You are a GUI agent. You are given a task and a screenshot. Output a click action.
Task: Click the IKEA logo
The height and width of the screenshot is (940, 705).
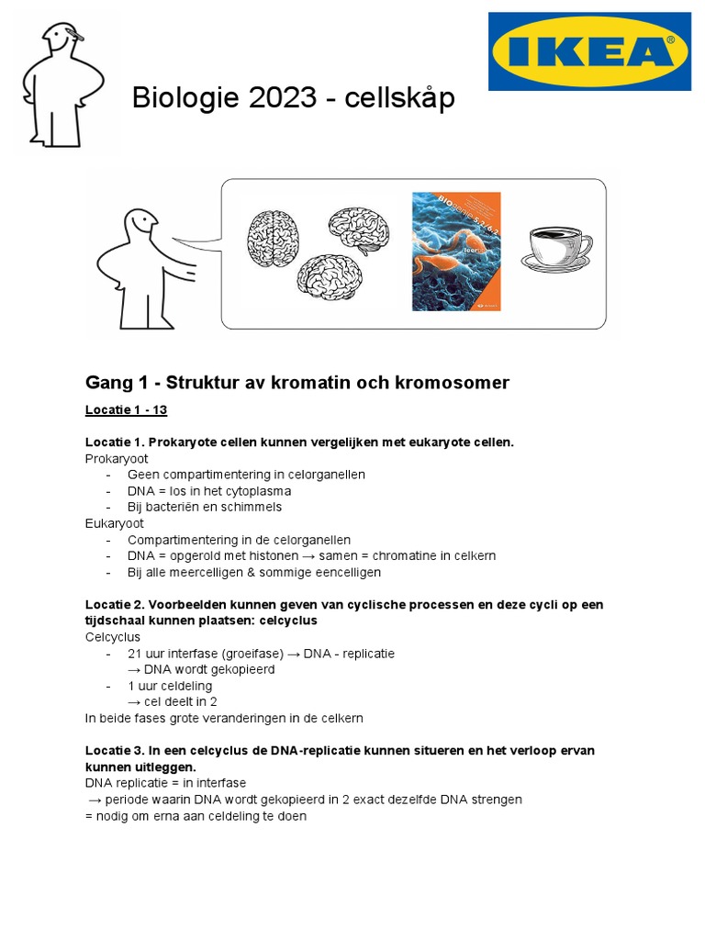(x=589, y=51)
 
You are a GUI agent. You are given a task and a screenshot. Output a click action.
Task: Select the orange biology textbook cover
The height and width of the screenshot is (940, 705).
(x=456, y=251)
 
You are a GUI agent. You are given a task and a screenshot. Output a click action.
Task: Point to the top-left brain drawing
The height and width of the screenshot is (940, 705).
(x=274, y=238)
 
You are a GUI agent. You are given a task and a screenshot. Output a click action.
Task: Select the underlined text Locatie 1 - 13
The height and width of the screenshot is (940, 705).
(x=127, y=409)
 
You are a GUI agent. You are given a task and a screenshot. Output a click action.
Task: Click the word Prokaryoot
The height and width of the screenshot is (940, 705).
(x=117, y=458)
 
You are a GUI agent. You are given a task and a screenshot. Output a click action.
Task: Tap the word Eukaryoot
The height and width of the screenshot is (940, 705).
(x=115, y=523)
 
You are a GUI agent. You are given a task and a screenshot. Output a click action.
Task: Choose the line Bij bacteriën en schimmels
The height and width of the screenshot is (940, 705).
(x=205, y=507)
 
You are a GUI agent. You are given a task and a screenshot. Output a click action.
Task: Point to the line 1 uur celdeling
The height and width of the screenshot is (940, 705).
(x=170, y=686)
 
